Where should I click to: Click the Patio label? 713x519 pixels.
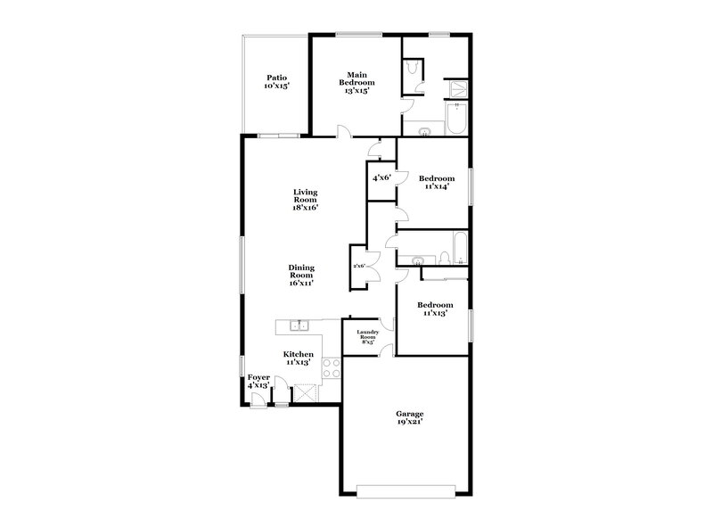(276, 82)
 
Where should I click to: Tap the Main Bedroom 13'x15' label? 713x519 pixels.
(354, 82)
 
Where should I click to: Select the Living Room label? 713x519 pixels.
(306, 200)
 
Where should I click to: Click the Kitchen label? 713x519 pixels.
(299, 358)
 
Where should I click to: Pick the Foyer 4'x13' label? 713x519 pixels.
(258, 381)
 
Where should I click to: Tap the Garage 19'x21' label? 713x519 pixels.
(410, 417)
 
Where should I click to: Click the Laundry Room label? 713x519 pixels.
(369, 337)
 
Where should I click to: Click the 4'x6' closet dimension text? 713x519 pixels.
(381, 177)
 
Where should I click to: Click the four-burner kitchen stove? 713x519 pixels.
(331, 368)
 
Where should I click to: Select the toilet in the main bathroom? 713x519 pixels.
(413, 69)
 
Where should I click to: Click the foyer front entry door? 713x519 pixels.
(258, 400)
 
